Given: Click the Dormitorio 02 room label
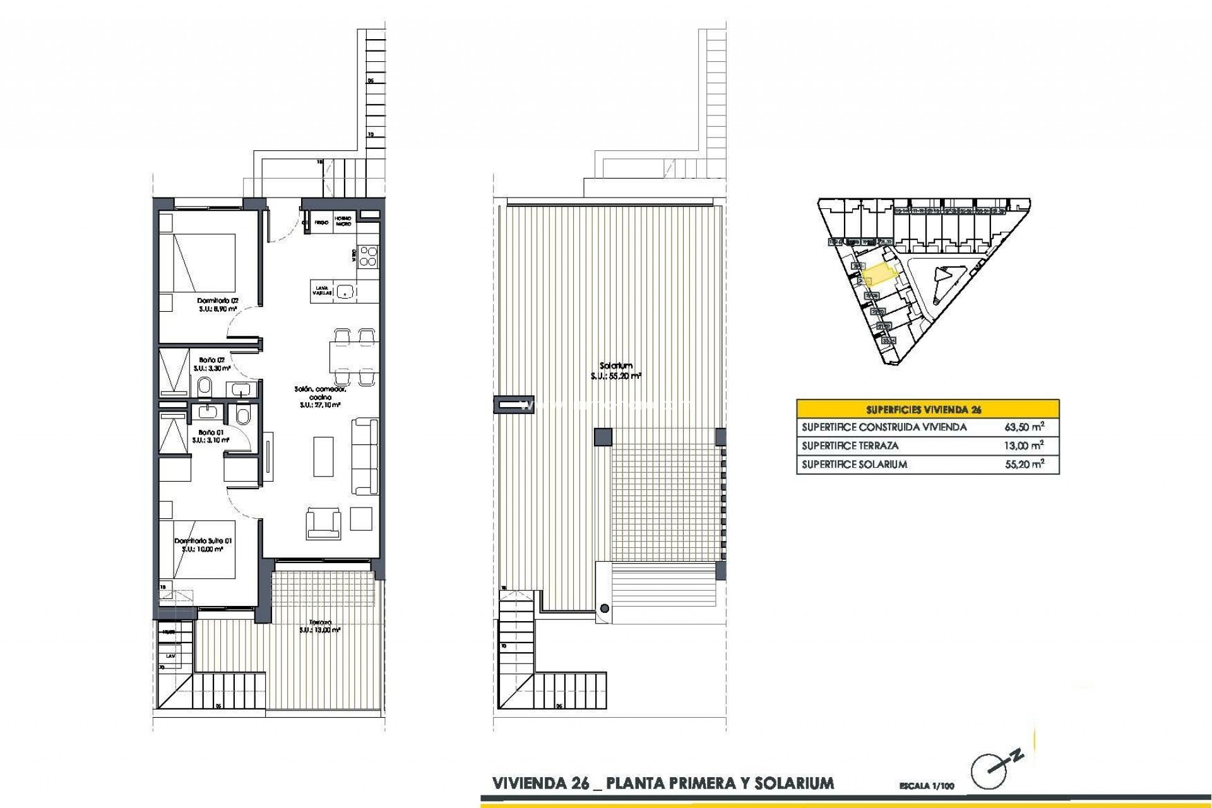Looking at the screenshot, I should (217, 300).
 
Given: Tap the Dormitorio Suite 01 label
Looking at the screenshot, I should (203, 541).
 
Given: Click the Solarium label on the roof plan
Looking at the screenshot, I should (616, 366).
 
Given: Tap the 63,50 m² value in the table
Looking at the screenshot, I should (1024, 427).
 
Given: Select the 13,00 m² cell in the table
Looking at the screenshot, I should (1024, 446).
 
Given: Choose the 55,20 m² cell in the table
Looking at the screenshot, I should (1024, 465).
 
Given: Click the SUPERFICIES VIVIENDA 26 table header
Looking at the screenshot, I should (927, 409).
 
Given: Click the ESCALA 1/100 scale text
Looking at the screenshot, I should (927, 787).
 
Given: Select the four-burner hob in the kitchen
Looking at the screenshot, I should (368, 256).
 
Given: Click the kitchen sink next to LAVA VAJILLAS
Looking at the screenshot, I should (344, 291).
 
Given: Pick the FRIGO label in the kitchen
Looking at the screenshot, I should (321, 223).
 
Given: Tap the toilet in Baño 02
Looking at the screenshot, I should (205, 386).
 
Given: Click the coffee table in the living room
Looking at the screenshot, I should (323, 456).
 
